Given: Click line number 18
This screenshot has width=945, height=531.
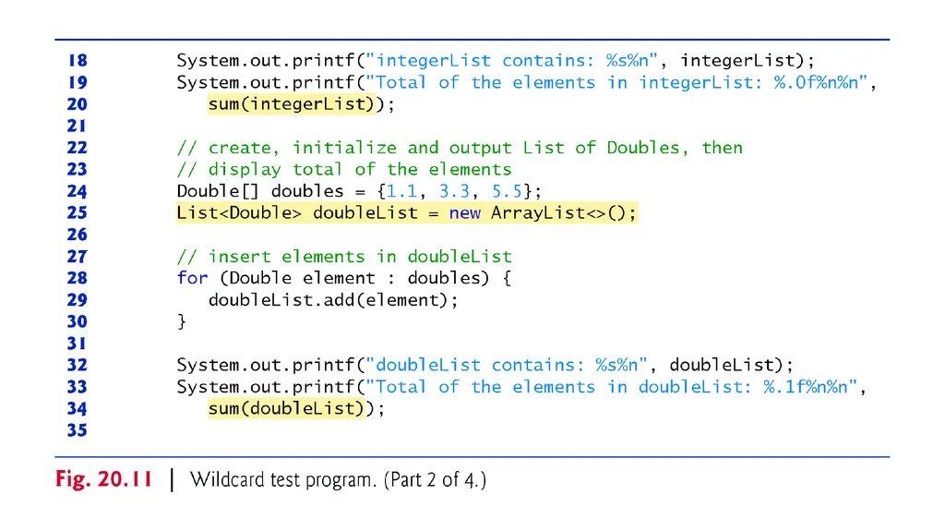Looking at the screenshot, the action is (78, 60).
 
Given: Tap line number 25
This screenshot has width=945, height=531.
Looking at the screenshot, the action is (78, 212).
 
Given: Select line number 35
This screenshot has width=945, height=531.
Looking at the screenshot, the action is (78, 429).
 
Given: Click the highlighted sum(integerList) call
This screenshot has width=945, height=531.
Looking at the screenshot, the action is (291, 103).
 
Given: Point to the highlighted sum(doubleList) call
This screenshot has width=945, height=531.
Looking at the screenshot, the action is (286, 408).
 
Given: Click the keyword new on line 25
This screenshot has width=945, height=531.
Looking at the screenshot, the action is (465, 213).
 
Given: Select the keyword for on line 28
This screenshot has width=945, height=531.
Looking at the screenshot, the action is (192, 278).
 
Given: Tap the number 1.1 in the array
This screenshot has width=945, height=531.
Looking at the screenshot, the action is (401, 191).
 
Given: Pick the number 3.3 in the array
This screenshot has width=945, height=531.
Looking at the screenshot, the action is (454, 191).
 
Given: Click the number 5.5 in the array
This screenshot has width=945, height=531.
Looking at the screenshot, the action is (507, 191).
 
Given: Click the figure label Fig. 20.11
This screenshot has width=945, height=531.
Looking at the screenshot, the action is (103, 479).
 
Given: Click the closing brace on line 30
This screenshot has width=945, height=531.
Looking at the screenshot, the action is (182, 321).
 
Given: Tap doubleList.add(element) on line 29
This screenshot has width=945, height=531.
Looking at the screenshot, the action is (328, 300).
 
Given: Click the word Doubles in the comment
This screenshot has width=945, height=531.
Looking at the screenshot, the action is (643, 148).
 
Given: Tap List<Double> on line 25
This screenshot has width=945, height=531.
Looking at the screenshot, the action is (239, 213).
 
